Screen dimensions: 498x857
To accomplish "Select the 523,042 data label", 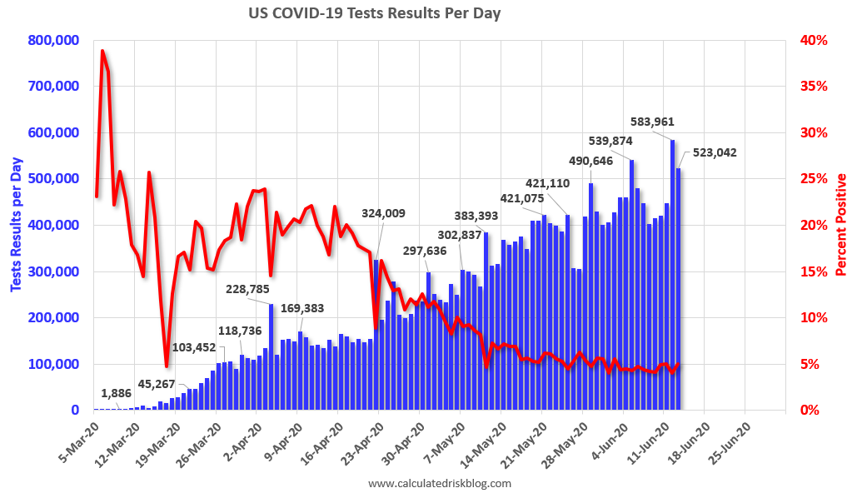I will click(710, 152).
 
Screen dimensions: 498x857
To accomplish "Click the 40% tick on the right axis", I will click(813, 40).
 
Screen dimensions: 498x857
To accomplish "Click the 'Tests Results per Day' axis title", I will click(16, 225).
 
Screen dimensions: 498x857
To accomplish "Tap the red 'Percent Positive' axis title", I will click(841, 225).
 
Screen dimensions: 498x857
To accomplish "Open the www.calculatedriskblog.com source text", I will click(439, 483).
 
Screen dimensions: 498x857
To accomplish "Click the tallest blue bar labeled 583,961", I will click(672, 275).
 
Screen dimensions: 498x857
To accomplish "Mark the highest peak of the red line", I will click(102, 51).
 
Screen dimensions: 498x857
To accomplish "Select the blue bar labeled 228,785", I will click(272, 358).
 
